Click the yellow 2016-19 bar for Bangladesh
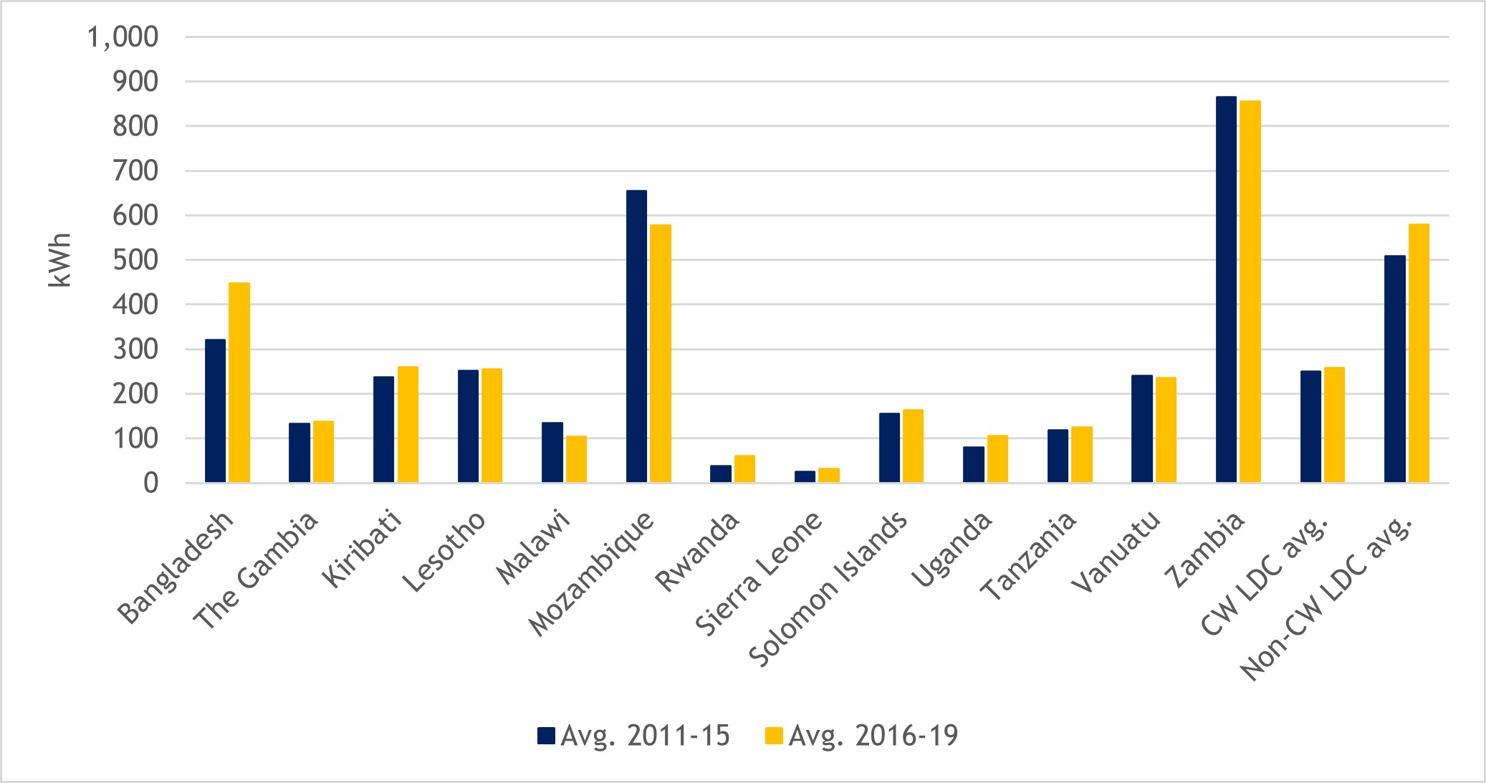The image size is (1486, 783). (239, 383)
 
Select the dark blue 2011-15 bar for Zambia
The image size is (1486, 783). (1226, 289)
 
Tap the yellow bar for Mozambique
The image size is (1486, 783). (661, 354)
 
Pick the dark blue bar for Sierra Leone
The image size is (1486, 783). (805, 476)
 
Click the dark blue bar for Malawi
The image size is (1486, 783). (552, 453)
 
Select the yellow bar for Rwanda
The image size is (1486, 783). (744, 469)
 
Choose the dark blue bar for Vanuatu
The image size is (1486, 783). (1141, 429)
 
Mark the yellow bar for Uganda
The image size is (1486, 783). (997, 459)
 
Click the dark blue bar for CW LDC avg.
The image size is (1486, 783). (1310, 427)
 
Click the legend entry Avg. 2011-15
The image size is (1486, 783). (634, 736)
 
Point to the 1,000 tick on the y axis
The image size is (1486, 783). (122, 37)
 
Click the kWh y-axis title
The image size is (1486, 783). (60, 260)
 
